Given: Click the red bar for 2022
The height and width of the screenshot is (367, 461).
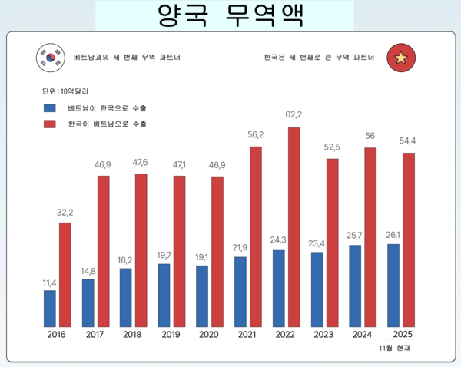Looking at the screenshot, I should click(294, 226).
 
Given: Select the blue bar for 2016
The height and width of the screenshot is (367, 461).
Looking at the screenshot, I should click(50, 308).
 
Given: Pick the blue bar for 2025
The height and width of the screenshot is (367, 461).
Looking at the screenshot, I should click(393, 285).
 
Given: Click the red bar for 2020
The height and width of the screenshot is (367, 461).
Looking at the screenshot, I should click(217, 251).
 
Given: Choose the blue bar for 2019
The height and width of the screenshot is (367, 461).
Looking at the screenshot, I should click(164, 295).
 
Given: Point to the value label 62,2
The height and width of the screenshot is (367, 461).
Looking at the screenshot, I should click(294, 115).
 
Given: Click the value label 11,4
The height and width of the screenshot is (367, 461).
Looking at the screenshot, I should click(50, 283).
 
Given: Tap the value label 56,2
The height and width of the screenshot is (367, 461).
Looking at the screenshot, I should click(255, 134).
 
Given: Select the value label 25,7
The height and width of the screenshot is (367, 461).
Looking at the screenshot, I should click(355, 234).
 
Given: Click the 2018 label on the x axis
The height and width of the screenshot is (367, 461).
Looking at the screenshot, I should click(133, 334).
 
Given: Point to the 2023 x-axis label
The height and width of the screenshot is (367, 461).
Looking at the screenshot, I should click(324, 334).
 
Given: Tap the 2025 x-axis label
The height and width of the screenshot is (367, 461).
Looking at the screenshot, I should click(403, 334).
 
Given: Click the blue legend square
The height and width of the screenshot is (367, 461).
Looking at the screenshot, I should click(51, 108).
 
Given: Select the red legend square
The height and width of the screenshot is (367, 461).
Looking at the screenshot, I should click(51, 124).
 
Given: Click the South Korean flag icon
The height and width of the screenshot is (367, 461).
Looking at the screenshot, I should click(50, 57).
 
